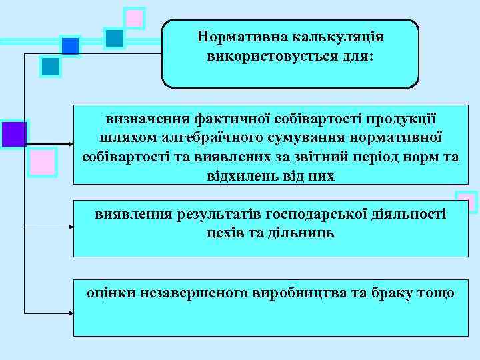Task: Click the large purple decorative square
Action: pyautogui.click(x=13, y=134)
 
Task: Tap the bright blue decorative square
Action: pyautogui.click(x=70, y=46)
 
